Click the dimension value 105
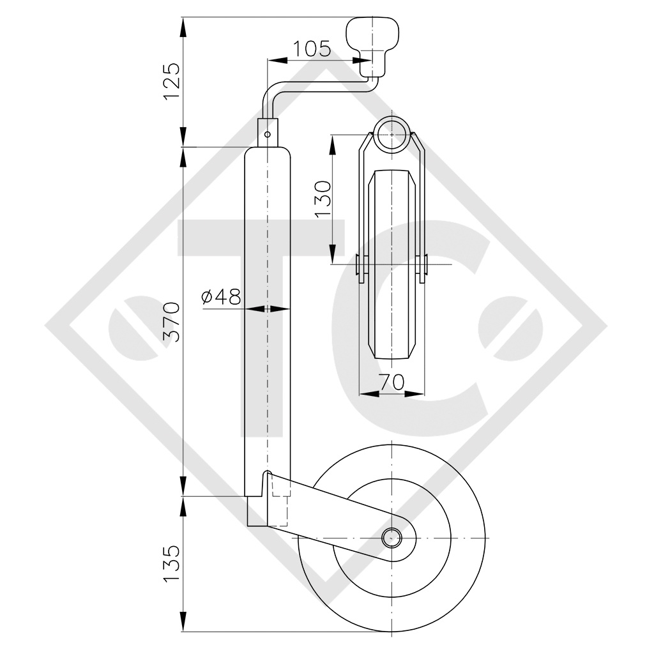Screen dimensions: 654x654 point(312,48)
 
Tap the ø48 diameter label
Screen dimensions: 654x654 point(220,296)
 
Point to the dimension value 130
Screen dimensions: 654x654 point(323,199)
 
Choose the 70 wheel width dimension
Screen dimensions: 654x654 point(391,382)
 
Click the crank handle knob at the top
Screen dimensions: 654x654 point(373,34)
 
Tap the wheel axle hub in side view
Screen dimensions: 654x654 point(390,538)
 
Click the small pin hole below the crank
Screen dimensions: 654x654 point(268,134)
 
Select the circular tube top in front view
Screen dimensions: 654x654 point(391,135)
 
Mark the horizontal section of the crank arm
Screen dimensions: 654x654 point(319,86)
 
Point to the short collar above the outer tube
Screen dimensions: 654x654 point(268,131)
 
